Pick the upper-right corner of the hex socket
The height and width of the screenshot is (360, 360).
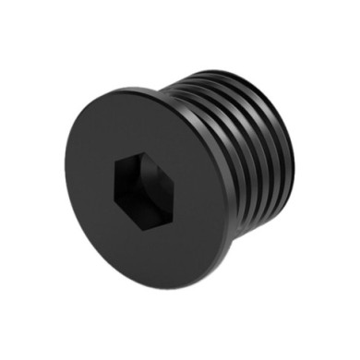click(x=162, y=170)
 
